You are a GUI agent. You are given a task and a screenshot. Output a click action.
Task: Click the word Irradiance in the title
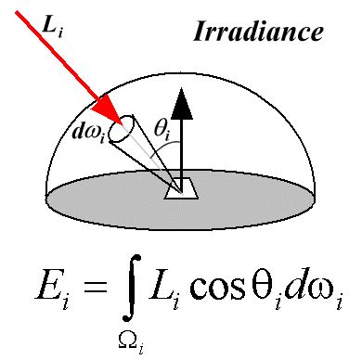click(x=259, y=32)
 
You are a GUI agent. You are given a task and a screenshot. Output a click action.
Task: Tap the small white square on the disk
click(x=181, y=188)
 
